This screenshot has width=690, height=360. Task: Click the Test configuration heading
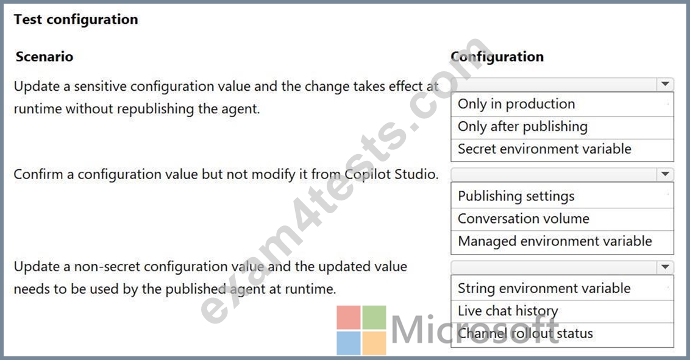click(x=76, y=19)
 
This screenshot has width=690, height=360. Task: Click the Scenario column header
click(x=44, y=56)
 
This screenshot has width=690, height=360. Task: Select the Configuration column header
click(x=497, y=56)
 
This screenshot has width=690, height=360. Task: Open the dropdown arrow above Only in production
click(x=665, y=84)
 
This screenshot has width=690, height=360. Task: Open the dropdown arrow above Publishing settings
click(x=665, y=174)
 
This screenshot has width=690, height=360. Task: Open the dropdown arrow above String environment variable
click(x=665, y=267)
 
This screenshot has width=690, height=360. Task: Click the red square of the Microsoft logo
click(x=349, y=317)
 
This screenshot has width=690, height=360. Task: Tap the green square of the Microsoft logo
click(x=374, y=317)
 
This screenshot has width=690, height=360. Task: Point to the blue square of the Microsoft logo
click(x=349, y=343)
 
